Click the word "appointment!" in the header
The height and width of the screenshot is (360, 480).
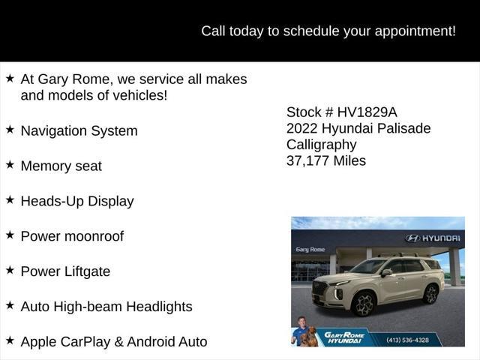(415, 31)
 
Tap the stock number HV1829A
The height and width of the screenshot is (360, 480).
(367, 112)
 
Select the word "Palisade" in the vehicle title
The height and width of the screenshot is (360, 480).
(403, 128)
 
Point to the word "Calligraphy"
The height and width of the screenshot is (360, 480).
(322, 145)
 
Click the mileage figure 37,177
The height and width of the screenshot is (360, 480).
(308, 161)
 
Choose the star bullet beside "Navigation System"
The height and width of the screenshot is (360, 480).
(10, 130)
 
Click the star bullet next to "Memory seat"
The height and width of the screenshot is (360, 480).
(10, 165)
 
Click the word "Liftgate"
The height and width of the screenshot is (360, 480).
(88, 271)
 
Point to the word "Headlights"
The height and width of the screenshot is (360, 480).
(159, 307)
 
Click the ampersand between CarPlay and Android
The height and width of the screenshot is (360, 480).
(118, 342)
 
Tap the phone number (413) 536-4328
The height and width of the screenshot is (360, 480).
(407, 340)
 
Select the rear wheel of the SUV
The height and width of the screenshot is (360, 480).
(430, 294)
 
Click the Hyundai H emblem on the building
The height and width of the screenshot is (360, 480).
(412, 238)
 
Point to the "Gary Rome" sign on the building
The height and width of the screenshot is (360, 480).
(310, 250)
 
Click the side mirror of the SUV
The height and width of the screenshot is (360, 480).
(387, 273)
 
